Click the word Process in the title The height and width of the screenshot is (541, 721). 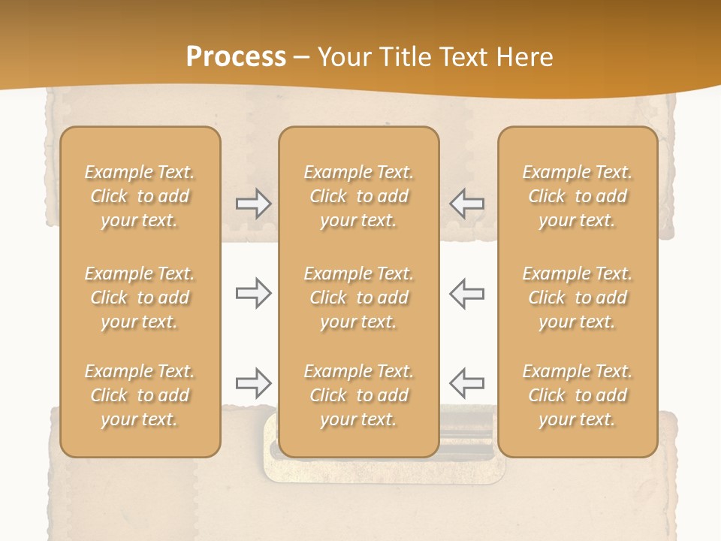coord(236,57)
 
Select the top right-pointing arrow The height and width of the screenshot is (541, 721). coord(253,204)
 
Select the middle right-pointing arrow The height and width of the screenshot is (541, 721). coord(253,293)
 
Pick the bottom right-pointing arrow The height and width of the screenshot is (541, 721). coord(253,383)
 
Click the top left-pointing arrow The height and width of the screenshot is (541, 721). coord(466,204)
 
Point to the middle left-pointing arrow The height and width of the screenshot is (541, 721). coord(466,293)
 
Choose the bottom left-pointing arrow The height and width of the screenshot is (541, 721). coord(466,383)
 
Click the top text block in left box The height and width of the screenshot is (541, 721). coord(140,196)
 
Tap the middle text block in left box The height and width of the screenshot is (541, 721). coord(140,298)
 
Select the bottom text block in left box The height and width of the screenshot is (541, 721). coord(140,395)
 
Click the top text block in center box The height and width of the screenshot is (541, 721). coord(358,196)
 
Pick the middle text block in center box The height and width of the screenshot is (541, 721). coord(358,298)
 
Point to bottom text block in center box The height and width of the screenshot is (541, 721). coord(358,395)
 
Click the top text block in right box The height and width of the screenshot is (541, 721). coord(577,196)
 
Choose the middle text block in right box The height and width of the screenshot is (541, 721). coord(577,298)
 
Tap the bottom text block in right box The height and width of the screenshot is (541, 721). coord(577,395)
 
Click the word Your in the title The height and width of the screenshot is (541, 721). coord(342,57)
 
